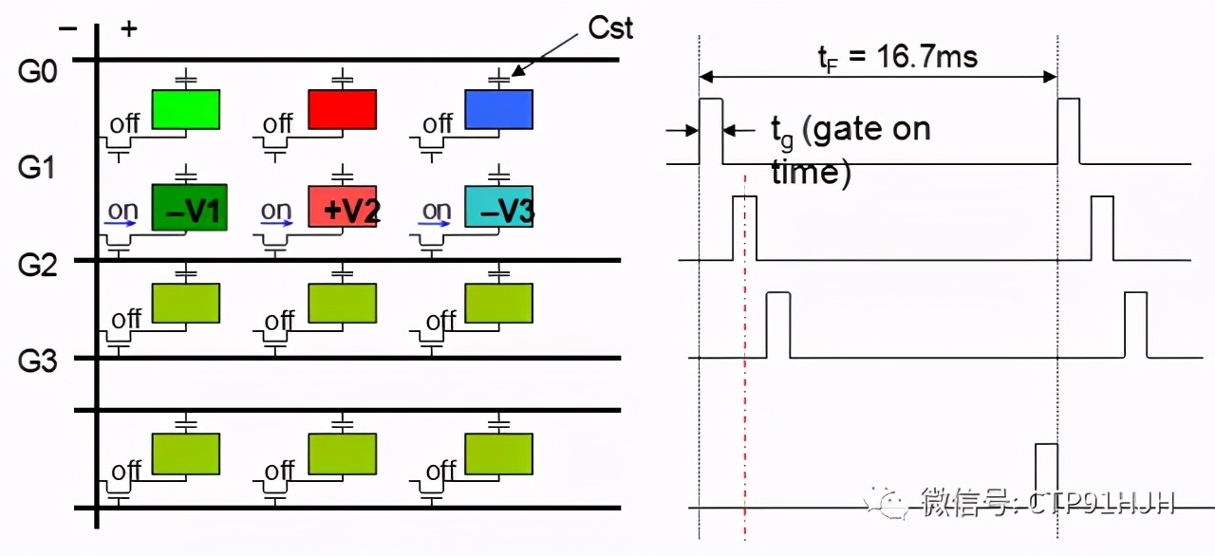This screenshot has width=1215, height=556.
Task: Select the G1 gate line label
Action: pos(39,169)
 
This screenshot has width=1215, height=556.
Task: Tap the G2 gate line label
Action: pos(39,265)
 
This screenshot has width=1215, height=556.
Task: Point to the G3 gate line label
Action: pos(39,362)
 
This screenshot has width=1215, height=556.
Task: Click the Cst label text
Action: pos(610,28)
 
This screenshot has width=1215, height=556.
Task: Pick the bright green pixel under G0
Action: pos(186,109)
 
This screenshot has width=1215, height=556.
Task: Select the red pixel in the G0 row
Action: pos(342,109)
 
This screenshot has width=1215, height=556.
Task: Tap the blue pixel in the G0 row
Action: pos(498,109)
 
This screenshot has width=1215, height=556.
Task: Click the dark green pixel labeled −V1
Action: pos(189,207)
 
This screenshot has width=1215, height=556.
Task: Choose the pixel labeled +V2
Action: pos(344,207)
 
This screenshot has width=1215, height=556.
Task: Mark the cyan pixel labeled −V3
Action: pos(499,207)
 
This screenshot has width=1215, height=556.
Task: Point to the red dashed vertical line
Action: pos(746,380)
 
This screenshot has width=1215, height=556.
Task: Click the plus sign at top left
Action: pos(129,28)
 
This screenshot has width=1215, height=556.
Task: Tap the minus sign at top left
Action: pos(67,28)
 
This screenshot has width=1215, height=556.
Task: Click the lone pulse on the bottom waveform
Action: pos(1046,465)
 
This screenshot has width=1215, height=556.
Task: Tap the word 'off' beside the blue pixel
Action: pos(438,124)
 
